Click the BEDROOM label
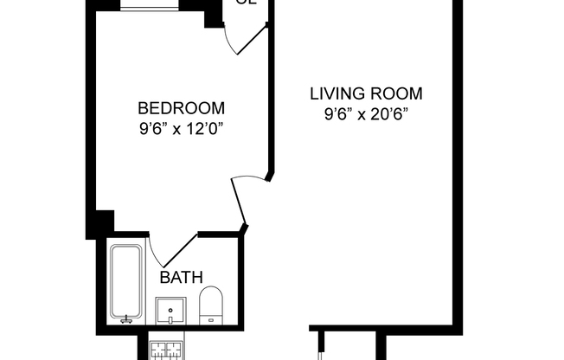(x=181, y=109)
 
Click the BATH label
(x=181, y=278)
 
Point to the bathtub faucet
(x=127, y=318)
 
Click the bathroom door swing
(x=173, y=251)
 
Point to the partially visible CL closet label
(x=247, y=3)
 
